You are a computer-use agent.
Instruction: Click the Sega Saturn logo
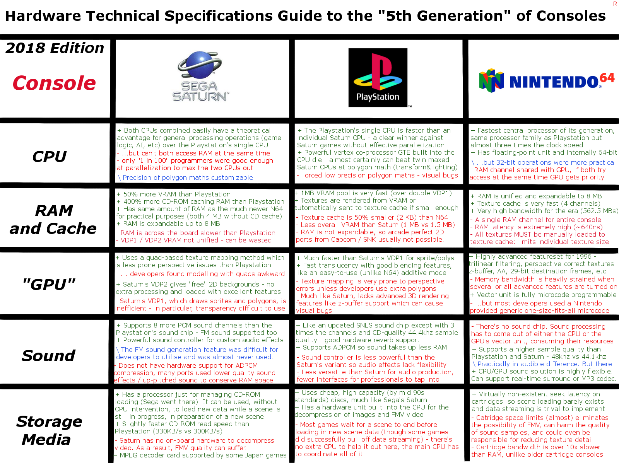(x=200, y=76)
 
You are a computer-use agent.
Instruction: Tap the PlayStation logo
(x=378, y=77)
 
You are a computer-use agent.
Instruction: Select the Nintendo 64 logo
(x=547, y=81)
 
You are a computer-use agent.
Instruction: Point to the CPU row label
(x=50, y=156)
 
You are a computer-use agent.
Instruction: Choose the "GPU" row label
(x=49, y=284)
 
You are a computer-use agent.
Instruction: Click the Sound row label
(x=48, y=355)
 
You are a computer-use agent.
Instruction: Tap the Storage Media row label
(x=49, y=430)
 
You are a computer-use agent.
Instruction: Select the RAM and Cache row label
(x=53, y=219)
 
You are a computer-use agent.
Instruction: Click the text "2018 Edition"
(x=55, y=48)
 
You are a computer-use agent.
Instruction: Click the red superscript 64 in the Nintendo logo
(x=607, y=78)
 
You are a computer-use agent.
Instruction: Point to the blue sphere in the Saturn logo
(x=200, y=65)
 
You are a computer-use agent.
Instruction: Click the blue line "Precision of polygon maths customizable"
(x=185, y=177)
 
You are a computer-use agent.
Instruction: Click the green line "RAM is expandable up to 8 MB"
(x=168, y=223)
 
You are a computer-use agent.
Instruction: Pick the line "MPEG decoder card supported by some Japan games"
(x=200, y=455)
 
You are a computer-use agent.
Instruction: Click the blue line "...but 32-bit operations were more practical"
(x=544, y=162)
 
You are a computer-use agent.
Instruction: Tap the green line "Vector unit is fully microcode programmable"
(x=543, y=295)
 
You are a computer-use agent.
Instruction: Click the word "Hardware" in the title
(x=43, y=16)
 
